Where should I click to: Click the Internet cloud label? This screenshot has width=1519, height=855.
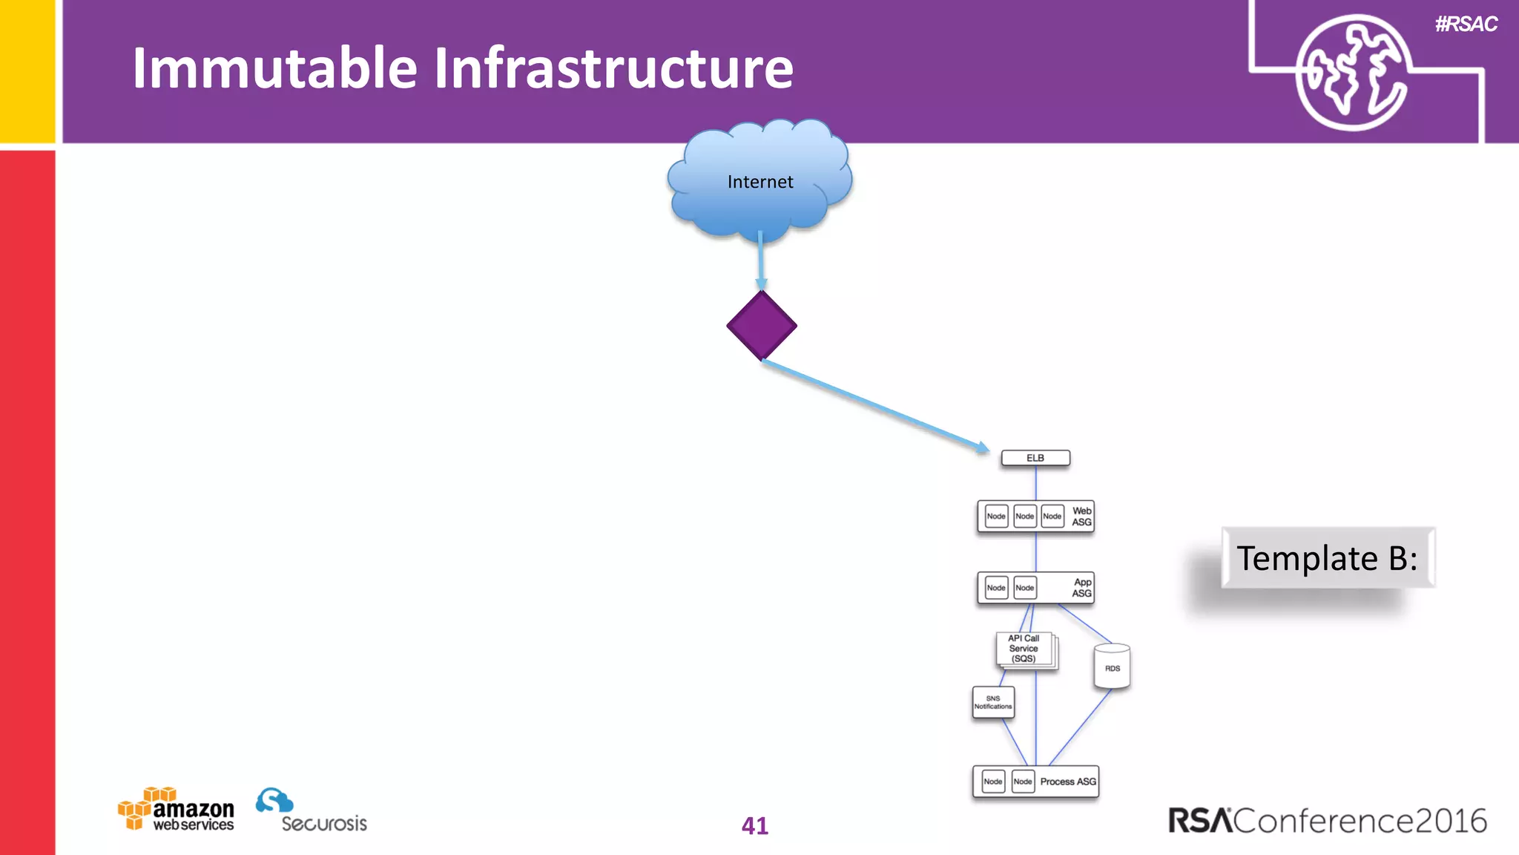[759, 182]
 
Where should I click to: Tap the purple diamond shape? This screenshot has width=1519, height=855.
[762, 326]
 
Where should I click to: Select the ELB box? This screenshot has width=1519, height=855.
[1035, 458]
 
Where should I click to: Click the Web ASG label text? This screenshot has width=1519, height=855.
[1081, 517]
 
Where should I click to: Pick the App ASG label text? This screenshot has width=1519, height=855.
[1081, 588]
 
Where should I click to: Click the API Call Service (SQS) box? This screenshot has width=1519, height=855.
[1024, 649]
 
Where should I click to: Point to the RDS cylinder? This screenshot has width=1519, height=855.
[1112, 666]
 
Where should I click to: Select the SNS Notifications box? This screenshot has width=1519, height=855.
[993, 702]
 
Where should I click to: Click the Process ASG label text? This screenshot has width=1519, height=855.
[1067, 782]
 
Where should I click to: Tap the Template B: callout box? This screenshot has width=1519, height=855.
[1327, 558]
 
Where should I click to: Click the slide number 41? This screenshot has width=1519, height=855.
[754, 825]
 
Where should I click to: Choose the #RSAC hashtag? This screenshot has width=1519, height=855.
[1466, 24]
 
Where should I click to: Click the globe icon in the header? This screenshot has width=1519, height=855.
[1352, 73]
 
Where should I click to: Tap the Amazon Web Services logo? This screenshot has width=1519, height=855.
[177, 810]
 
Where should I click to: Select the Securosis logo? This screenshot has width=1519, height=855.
[311, 811]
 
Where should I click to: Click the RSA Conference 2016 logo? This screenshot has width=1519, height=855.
[1327, 821]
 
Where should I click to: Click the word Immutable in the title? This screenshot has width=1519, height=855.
[274, 68]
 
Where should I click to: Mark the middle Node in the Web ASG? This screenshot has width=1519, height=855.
[1024, 516]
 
